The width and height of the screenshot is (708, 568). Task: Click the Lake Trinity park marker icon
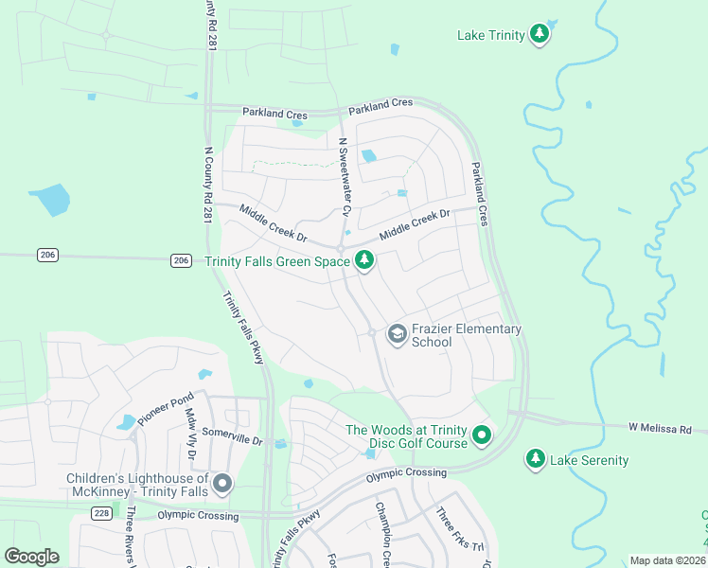(x=540, y=35)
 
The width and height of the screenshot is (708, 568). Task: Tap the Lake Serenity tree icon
(x=536, y=459)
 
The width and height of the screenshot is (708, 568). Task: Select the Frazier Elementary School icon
(x=398, y=333)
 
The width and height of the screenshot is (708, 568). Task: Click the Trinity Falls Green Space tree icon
(x=364, y=262)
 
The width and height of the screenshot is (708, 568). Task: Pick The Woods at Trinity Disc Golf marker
(x=482, y=436)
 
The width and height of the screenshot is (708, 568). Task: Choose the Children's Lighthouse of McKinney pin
(x=222, y=485)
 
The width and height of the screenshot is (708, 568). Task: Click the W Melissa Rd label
(x=660, y=429)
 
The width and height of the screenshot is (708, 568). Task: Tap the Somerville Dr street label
(x=230, y=439)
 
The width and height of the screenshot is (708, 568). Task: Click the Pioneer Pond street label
(x=166, y=407)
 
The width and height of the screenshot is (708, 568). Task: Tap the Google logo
(x=31, y=557)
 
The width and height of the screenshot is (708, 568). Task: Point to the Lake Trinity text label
(x=490, y=35)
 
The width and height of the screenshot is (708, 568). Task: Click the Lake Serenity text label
(x=590, y=460)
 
